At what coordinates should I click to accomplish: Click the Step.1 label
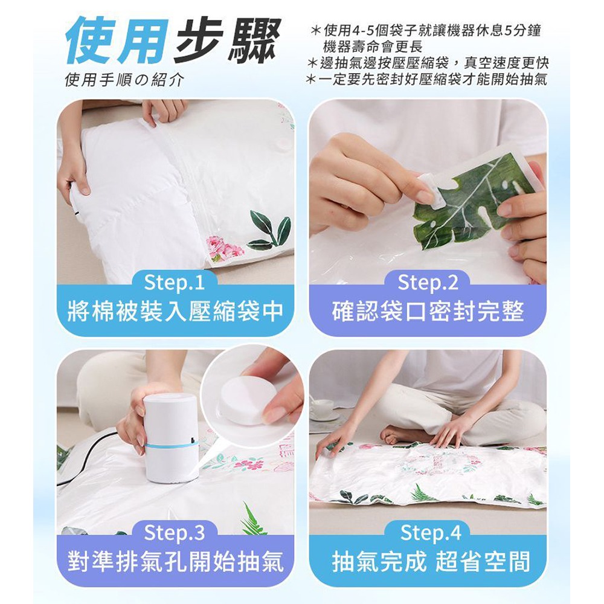(x=174, y=283)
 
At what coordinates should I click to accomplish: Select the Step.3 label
(x=174, y=533)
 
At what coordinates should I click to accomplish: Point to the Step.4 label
(x=431, y=533)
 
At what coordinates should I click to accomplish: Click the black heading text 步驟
(x=226, y=40)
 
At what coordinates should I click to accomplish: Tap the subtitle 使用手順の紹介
(x=124, y=80)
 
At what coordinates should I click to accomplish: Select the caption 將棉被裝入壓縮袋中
(x=176, y=311)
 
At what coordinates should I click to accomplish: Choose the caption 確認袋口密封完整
(x=428, y=311)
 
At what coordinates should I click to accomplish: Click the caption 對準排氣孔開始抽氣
(x=176, y=562)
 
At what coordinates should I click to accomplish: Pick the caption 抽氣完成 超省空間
(x=431, y=562)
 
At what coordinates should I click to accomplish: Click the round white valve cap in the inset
(x=246, y=400)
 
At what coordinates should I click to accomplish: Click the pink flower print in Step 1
(x=225, y=248)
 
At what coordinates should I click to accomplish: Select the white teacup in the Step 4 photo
(x=323, y=408)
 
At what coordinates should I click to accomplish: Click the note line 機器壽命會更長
(x=373, y=47)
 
